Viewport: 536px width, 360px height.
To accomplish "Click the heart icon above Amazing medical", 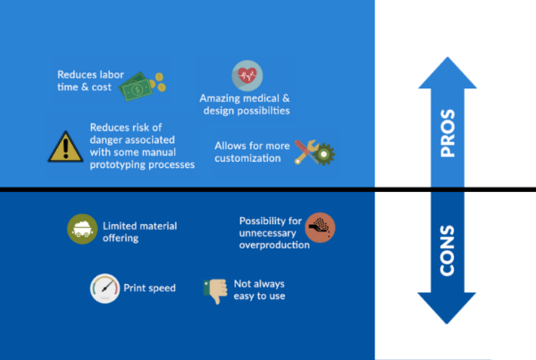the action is [247, 76].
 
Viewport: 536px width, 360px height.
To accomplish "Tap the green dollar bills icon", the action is [137, 87].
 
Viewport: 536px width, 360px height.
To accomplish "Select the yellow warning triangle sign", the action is [65, 147].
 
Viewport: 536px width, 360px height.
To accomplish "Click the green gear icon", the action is [323, 155].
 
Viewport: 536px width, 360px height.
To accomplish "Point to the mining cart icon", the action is [82, 229].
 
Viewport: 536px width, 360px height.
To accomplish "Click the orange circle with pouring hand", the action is [320, 228].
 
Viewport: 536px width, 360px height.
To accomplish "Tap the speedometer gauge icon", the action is [105, 289].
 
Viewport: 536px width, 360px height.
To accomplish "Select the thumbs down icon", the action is [215, 291].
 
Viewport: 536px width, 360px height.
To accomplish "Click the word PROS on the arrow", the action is [448, 133].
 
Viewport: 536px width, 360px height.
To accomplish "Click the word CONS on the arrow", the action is [448, 251].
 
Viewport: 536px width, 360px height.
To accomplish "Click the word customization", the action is [247, 158].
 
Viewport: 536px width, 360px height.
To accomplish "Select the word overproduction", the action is [274, 245].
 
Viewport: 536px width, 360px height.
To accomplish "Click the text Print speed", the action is [149, 289].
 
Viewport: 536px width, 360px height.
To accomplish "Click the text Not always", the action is [259, 284].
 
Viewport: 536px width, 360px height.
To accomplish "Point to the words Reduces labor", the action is [90, 74].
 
